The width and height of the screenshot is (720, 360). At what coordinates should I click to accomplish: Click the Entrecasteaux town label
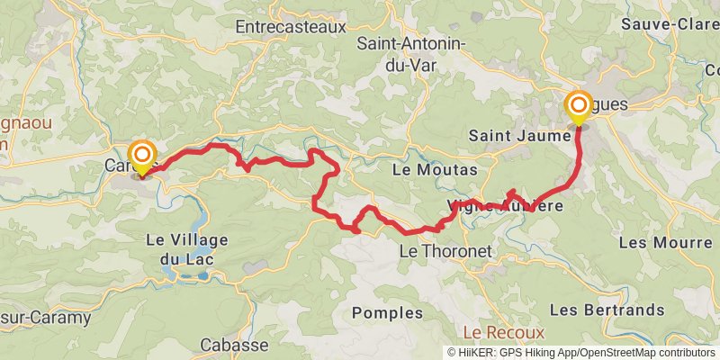(290, 28)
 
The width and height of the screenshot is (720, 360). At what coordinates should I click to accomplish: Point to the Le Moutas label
(436, 169)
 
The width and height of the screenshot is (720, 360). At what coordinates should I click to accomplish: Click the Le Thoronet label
(445, 252)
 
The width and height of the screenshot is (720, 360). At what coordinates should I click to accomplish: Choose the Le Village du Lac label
(187, 249)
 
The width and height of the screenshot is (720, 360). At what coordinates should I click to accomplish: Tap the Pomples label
(388, 313)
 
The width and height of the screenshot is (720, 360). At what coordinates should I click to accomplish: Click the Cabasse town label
(234, 345)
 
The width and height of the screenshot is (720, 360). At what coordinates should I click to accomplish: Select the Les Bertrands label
(607, 310)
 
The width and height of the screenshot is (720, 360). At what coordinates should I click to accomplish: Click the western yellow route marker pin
(142, 157)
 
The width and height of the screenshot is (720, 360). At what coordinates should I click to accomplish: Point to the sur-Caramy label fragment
(45, 317)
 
